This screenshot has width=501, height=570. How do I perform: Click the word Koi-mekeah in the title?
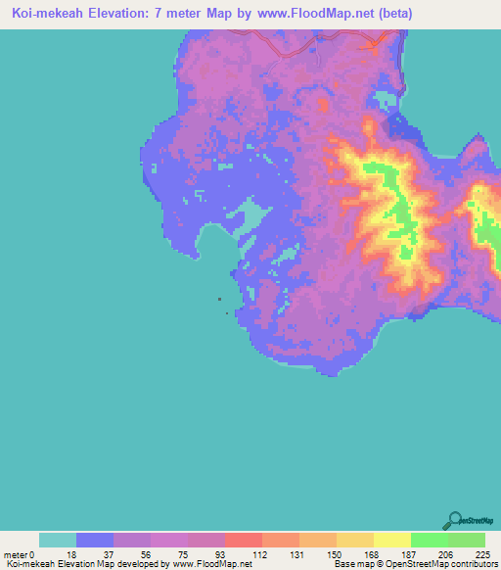coord(48,14)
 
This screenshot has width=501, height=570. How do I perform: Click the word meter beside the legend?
coord(17,554)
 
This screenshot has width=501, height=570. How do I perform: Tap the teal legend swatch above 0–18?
coord(58,540)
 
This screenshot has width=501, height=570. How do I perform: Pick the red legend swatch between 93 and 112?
coord(244,540)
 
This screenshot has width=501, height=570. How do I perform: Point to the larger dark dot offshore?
coord(219,300)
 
